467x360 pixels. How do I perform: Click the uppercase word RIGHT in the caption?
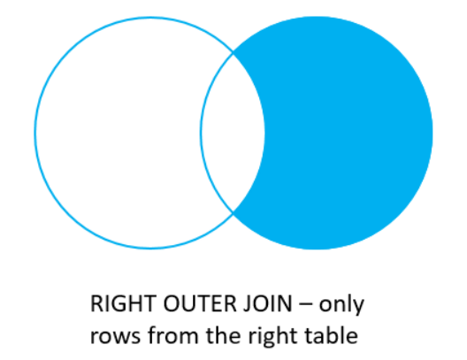pyautogui.click(x=116, y=305)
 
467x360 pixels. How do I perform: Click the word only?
pyautogui.click(x=340, y=305)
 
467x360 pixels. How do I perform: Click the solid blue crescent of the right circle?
pyautogui.click(x=354, y=133)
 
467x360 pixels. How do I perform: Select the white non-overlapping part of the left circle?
pyautogui.click(x=115, y=133)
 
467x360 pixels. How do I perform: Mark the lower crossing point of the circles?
pyautogui.click(x=233, y=213)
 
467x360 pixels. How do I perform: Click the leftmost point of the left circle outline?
pyautogui.click(x=34, y=133)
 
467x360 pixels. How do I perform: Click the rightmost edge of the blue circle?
pyautogui.click(x=432, y=133)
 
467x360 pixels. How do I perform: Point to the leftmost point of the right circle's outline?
pyautogui.click(x=201, y=133)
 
